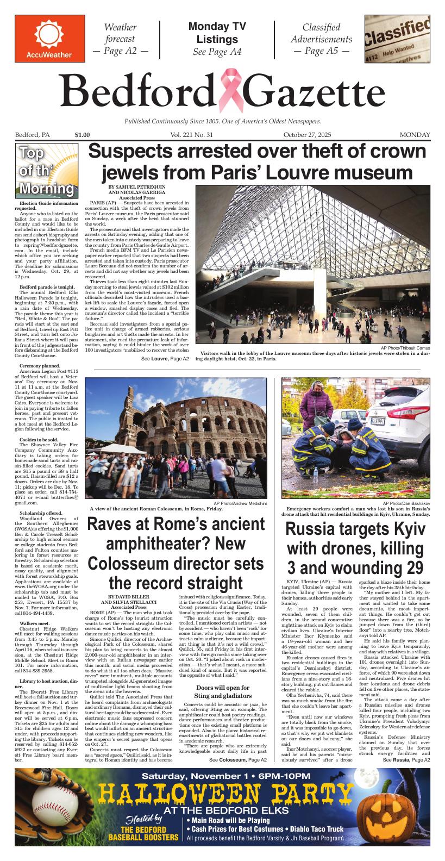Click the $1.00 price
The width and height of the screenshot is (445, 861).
coord(83,135)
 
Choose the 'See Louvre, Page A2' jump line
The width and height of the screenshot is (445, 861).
coord(165,359)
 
